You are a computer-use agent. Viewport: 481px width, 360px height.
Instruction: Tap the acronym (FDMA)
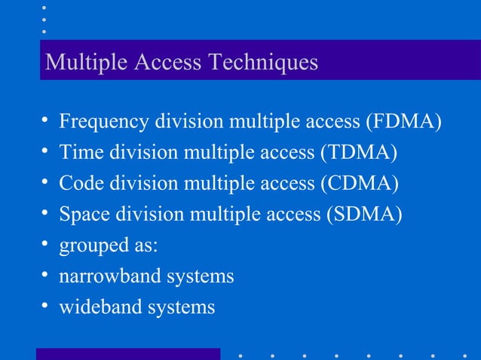coord(403,121)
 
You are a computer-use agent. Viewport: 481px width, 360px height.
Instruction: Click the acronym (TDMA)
coord(359,152)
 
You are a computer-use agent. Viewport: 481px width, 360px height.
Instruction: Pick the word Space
coord(85,214)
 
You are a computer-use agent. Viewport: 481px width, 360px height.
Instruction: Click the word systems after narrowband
coord(198,276)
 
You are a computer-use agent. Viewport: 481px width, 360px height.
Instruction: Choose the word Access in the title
coord(167,62)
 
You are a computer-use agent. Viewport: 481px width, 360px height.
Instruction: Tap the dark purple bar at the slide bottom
coord(127,354)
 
